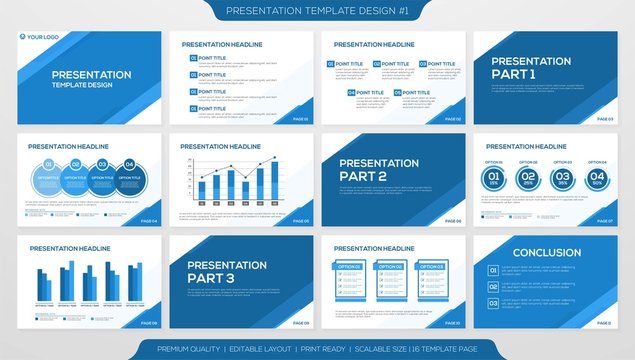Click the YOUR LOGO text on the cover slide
click(43, 38)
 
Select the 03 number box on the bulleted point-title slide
click(193, 91)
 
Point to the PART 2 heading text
click(362, 176)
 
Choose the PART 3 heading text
click(210, 279)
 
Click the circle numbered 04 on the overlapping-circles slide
click(129, 165)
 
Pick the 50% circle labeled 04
click(596, 179)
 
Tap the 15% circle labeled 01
click(493, 179)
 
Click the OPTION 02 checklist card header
click(388, 267)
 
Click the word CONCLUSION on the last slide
click(546, 253)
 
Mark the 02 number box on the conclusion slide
click(493, 286)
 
